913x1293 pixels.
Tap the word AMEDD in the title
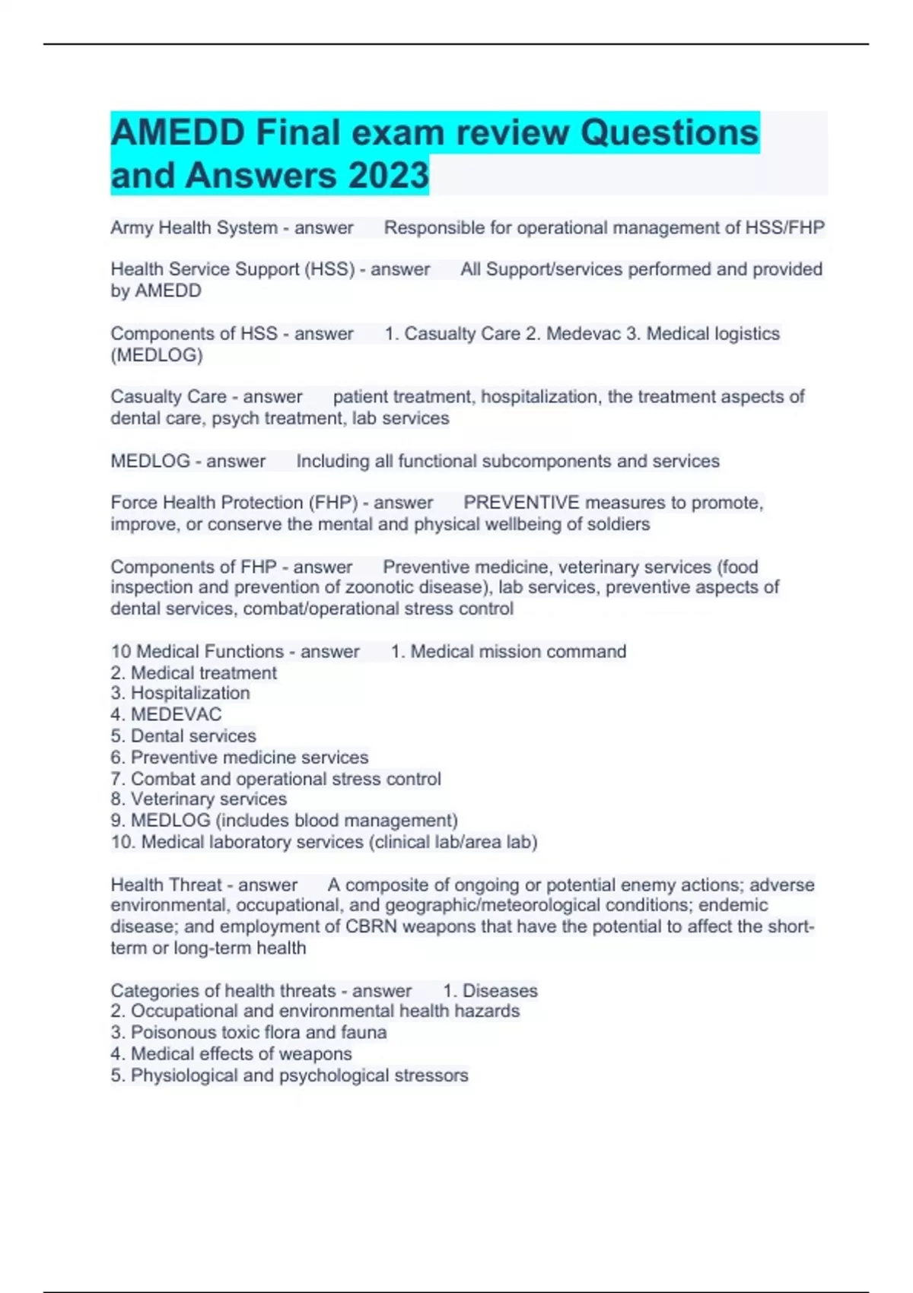click(x=178, y=132)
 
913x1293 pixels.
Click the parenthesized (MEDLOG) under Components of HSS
click(x=157, y=354)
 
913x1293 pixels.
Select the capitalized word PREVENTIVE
click(x=521, y=502)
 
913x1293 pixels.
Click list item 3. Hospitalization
click(x=180, y=693)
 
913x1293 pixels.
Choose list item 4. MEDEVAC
click(x=166, y=714)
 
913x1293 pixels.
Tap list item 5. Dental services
click(x=183, y=735)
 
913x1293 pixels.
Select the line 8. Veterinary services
click(x=199, y=799)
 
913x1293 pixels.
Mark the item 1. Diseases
click(x=490, y=990)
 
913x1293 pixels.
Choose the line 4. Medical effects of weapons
click(x=231, y=1053)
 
